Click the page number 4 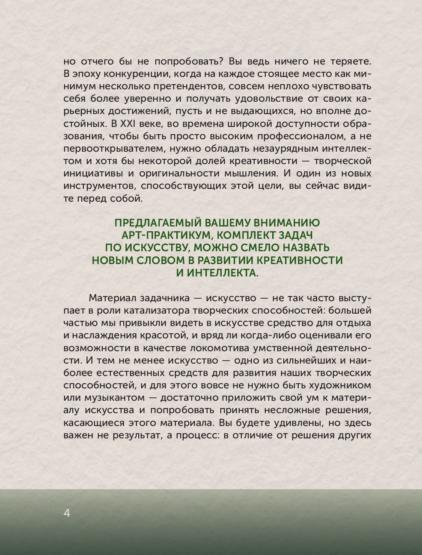click(x=67, y=513)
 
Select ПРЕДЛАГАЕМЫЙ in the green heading click(x=157, y=223)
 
